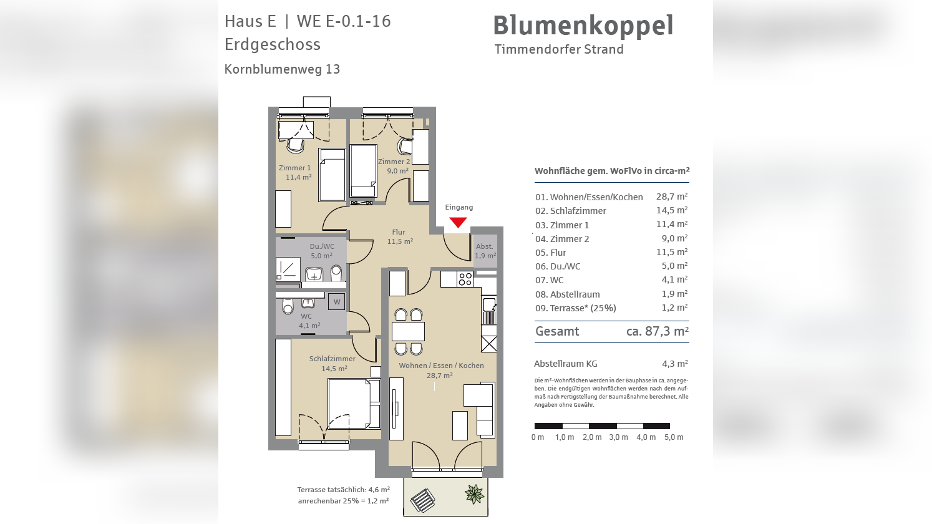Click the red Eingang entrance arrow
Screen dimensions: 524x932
458,222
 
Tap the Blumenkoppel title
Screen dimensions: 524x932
583,26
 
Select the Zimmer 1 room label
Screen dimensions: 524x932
294,168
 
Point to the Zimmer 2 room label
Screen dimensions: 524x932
394,162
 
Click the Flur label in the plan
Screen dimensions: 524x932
399,232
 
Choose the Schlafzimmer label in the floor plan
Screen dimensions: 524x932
332,359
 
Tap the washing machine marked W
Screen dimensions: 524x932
337,302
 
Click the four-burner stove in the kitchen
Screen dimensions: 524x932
465,279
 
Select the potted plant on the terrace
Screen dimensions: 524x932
475,494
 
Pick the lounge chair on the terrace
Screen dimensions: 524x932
422,500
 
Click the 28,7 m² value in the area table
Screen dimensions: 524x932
671,196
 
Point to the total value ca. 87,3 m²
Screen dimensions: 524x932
657,331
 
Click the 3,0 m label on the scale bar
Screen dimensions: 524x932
618,437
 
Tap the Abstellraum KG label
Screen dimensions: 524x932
565,364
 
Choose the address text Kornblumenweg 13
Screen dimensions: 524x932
282,69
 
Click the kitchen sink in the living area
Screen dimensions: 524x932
489,305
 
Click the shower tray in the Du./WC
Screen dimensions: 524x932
288,269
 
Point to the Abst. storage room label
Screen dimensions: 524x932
484,246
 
